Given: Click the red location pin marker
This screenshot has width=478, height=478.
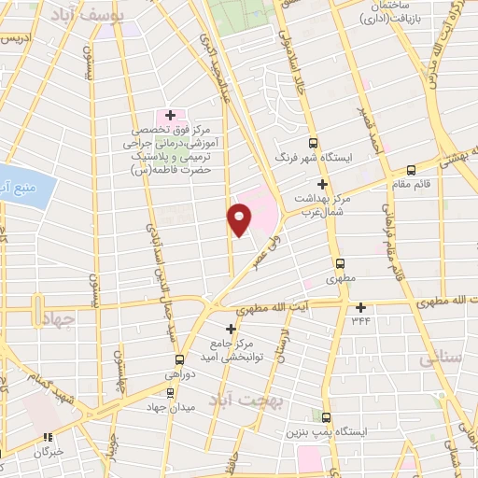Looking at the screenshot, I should pyautogui.click(x=239, y=218).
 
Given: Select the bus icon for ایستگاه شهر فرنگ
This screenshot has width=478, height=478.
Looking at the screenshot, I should pyautogui.click(x=312, y=144).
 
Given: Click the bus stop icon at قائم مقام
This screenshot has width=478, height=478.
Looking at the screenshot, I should pyautogui.click(x=411, y=170).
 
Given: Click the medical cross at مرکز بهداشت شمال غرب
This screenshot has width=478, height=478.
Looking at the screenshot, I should pyautogui.click(x=322, y=185).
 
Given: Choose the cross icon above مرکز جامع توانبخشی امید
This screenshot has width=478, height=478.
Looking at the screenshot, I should pyautogui.click(x=232, y=328).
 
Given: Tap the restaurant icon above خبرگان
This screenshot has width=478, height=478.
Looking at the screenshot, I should pyautogui.click(x=48, y=438).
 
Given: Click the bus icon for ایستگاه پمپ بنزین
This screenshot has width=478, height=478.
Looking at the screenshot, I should pyautogui.click(x=326, y=416).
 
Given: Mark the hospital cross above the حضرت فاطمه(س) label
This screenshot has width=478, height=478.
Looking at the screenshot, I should pyautogui.click(x=169, y=115).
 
